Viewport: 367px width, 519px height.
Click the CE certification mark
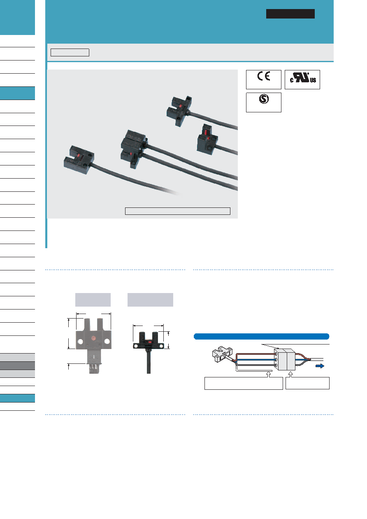tap(263, 76)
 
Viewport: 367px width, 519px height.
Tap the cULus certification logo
tap(303, 78)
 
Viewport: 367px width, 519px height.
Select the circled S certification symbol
tap(264, 99)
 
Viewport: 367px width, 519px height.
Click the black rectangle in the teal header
tap(290, 14)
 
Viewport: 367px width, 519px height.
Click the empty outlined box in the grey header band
tap(70, 52)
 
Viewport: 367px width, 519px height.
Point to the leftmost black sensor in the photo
tap(79, 160)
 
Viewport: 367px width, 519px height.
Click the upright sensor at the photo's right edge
tap(207, 140)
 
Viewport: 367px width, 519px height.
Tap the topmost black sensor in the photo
tap(179, 111)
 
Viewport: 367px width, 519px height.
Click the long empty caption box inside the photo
tap(178, 211)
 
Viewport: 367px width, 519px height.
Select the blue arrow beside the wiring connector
tap(320, 366)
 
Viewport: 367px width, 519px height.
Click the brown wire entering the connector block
tap(255, 354)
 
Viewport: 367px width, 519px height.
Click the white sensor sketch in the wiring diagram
tap(222, 354)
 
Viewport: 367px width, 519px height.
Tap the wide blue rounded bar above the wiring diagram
tap(261, 336)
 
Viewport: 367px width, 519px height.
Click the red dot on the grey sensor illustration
tap(93, 338)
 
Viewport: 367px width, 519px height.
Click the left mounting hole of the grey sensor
tap(80, 342)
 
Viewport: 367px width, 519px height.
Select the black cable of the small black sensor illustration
tap(149, 361)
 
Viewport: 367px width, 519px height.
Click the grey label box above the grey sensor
tap(93, 300)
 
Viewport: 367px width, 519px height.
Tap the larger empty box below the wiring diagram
tap(244, 383)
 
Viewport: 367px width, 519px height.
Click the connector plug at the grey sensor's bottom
tap(93, 368)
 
